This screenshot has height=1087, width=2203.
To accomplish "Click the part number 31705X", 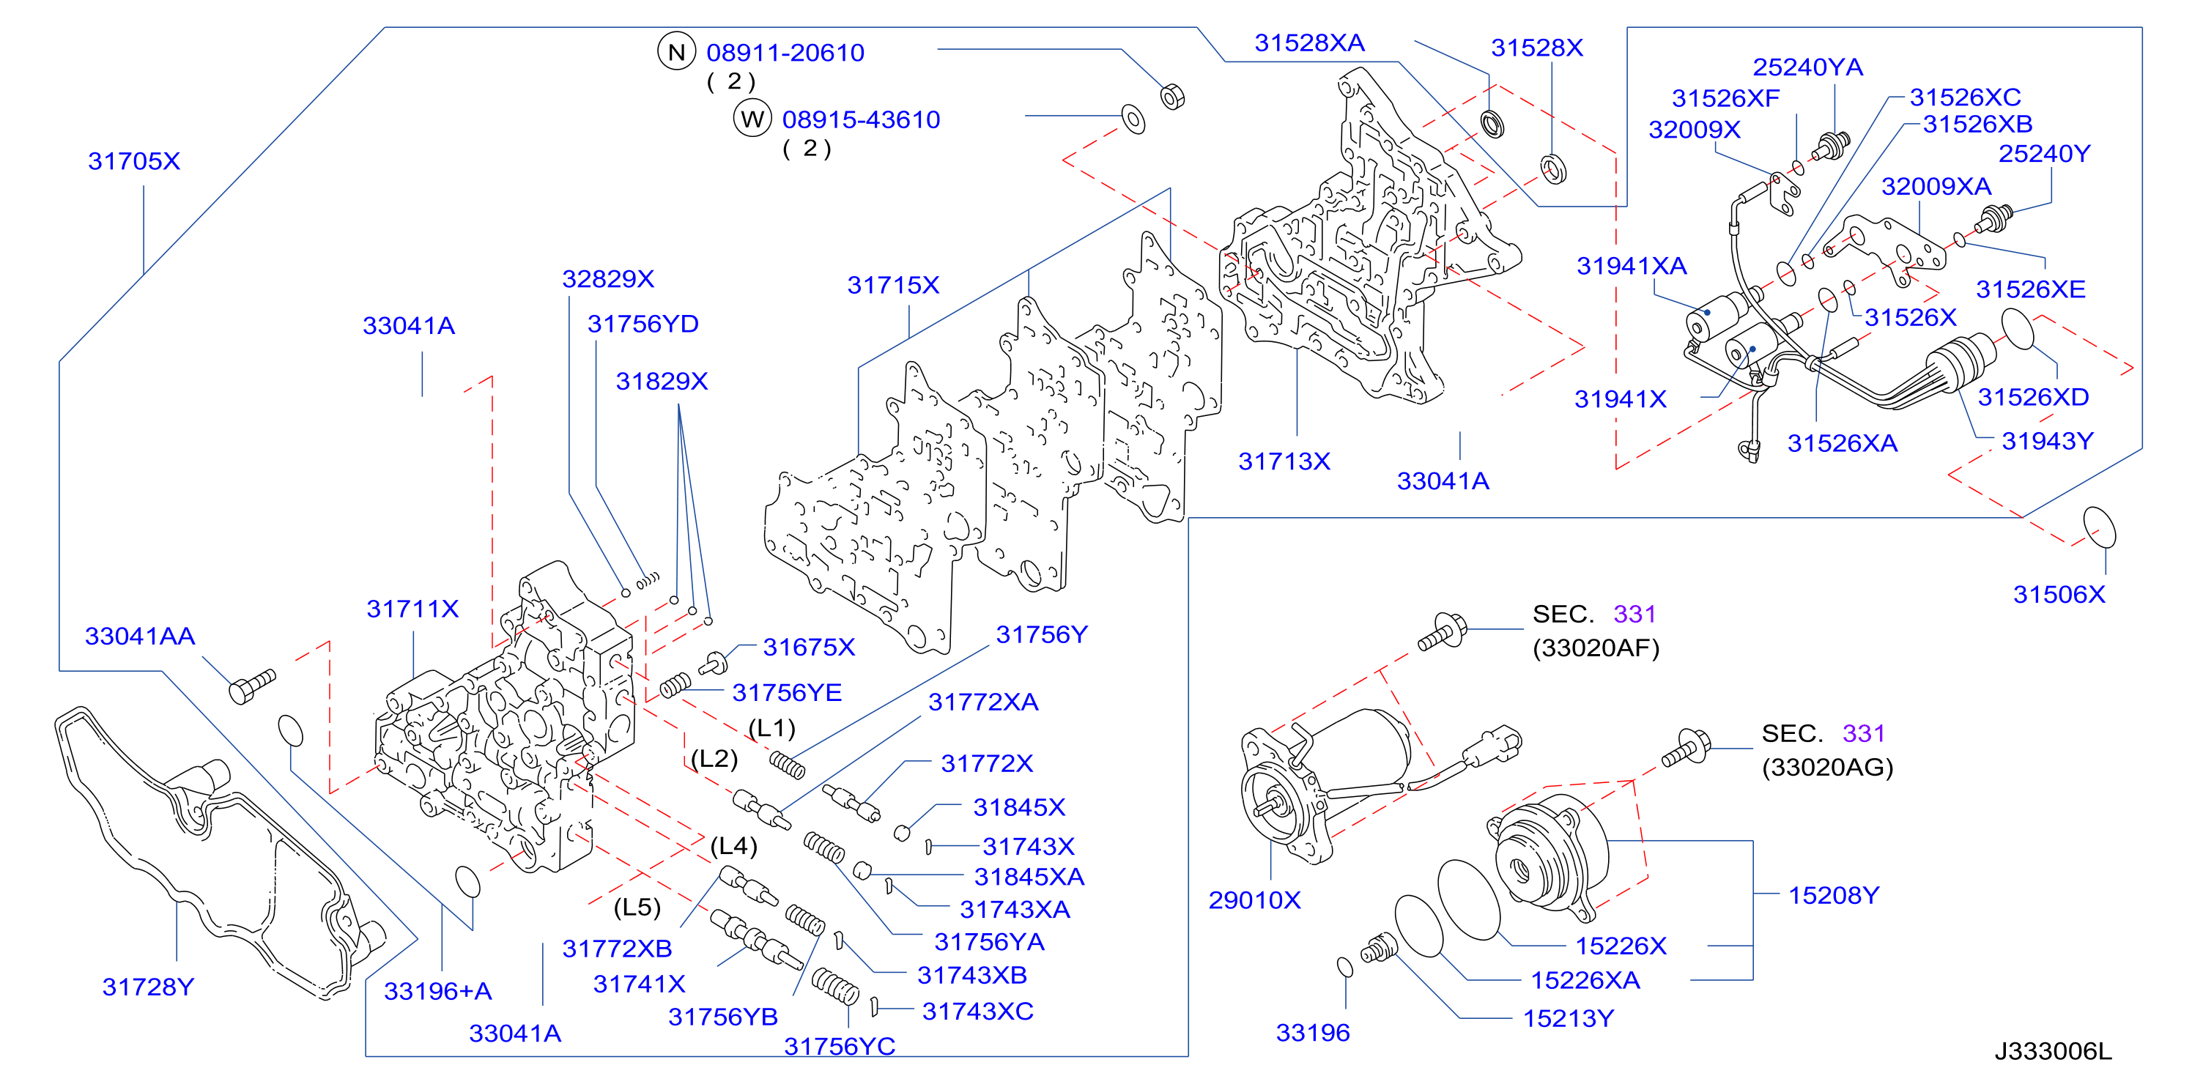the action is tap(134, 161).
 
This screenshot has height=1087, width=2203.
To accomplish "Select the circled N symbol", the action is tap(676, 52).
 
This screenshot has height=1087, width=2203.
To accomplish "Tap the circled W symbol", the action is tap(752, 119).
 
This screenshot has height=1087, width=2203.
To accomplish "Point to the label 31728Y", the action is tap(148, 987).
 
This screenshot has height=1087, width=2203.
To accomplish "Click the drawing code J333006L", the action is tap(2054, 1051).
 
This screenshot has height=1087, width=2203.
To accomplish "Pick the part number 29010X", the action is tap(1254, 899).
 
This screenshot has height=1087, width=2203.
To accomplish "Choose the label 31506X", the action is tap(2059, 594).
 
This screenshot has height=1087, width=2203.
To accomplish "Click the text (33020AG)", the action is tap(1828, 767).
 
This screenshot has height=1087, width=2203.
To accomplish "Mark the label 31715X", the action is tap(894, 285).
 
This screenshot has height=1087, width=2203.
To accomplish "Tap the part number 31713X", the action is tap(1284, 461).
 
